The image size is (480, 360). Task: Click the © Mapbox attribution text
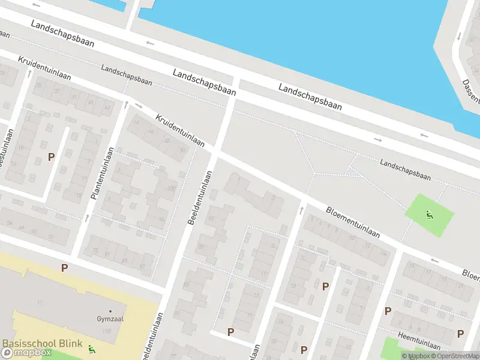(x=415, y=356)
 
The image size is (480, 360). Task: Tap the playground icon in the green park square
(x=429, y=215)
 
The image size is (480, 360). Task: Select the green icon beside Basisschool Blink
(x=91, y=349)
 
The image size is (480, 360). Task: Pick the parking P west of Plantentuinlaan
(x=52, y=157)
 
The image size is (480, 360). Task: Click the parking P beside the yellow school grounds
(x=64, y=268)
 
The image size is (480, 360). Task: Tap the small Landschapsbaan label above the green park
(x=406, y=169)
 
